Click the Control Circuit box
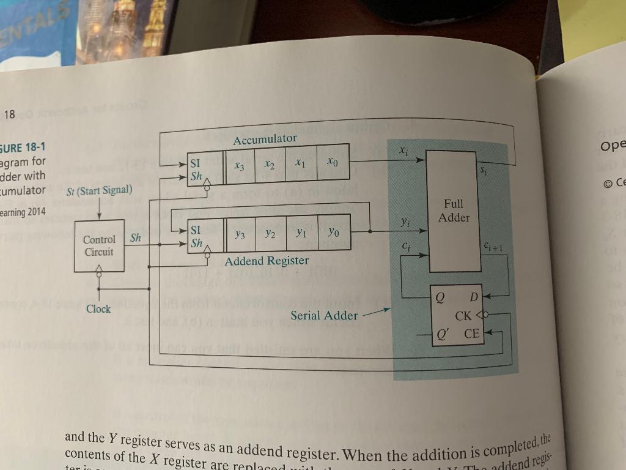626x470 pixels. click(99, 245)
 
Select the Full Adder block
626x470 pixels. click(453, 211)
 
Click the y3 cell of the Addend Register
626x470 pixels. click(240, 234)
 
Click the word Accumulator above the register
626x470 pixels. click(265, 140)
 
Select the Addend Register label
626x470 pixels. click(267, 261)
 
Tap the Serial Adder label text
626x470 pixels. click(324, 315)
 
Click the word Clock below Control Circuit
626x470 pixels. click(98, 309)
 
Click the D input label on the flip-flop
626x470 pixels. click(473, 297)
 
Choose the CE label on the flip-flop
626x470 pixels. click(472, 334)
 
